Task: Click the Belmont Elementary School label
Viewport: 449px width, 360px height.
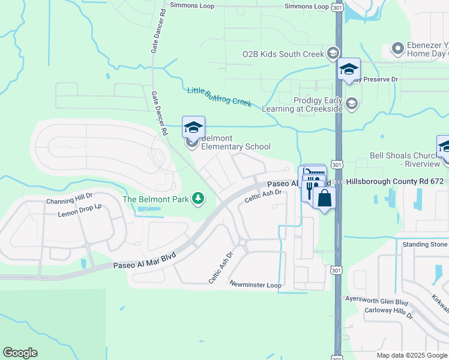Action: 235,142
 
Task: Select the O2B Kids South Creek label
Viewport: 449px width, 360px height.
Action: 283,53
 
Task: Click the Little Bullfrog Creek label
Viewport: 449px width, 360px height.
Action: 219,97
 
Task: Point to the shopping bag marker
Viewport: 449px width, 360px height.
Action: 324,199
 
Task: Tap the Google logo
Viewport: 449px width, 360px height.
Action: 20,353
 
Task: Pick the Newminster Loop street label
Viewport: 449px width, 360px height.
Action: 255,285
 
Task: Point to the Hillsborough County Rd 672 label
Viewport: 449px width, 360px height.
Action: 394,181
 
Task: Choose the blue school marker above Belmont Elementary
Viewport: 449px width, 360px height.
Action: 193,127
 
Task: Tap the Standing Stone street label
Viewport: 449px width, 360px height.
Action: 425,244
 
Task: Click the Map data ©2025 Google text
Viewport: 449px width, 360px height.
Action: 411,355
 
